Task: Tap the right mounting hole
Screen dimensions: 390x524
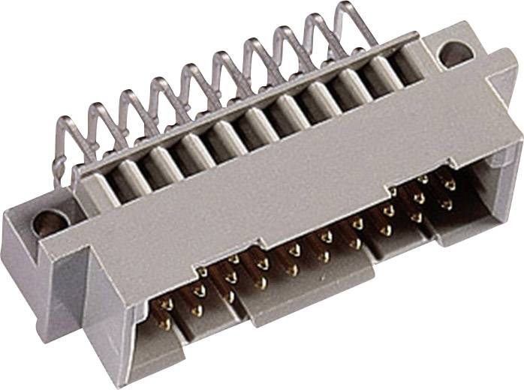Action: coord(453,53)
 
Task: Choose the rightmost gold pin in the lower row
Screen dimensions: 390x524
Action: coord(449,202)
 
